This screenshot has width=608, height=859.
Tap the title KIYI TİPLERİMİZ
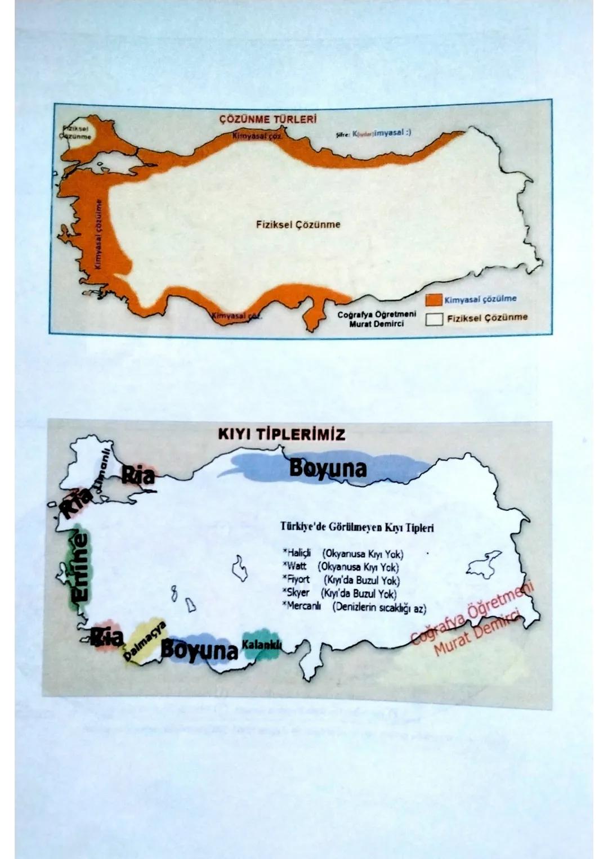[281, 434]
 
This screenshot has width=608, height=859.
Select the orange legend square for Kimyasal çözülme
[433, 300]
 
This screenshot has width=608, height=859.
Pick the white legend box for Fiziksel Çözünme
[433, 319]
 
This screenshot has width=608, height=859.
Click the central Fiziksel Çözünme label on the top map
[298, 224]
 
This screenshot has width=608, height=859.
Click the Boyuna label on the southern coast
[199, 650]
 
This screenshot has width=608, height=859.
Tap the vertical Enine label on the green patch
[81, 568]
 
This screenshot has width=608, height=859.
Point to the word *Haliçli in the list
[296, 554]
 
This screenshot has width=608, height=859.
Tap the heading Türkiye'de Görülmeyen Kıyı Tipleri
[357, 528]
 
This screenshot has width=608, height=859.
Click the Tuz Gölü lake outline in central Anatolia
[240, 568]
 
